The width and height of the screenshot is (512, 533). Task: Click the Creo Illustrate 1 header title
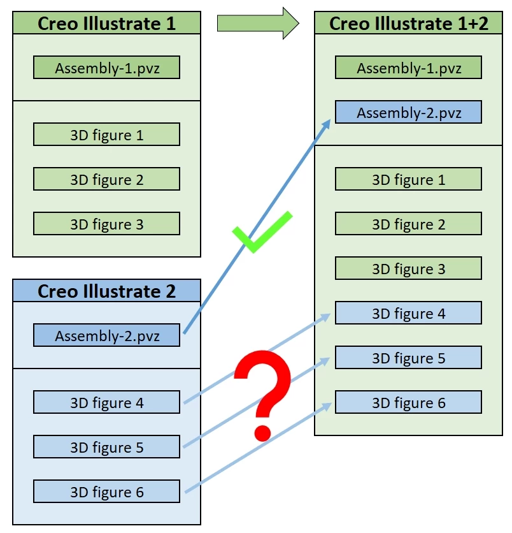coord(106,24)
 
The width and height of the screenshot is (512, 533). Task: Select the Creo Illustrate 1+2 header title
coord(408,24)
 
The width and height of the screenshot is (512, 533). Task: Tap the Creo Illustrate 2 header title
coord(106,291)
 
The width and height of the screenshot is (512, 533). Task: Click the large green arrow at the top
coord(257,24)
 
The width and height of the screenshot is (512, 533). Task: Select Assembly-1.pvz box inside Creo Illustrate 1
coord(106,68)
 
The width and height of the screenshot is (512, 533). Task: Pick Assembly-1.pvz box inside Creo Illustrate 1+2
coord(408,68)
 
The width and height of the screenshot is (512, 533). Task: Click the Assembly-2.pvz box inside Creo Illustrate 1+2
coord(408,112)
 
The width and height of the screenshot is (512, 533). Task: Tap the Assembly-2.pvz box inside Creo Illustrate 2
coord(106,335)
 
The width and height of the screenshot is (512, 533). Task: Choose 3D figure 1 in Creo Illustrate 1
coord(106,135)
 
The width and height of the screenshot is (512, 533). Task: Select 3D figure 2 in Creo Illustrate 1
coord(106,179)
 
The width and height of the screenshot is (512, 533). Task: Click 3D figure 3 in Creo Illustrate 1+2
coord(408,268)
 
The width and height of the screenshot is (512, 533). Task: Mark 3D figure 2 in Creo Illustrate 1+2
coord(408,224)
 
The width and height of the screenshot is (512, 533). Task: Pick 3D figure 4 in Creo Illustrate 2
coord(106,402)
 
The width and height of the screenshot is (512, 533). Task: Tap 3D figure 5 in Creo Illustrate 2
coord(106,447)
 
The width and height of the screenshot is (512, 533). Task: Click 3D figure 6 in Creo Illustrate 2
coord(106,492)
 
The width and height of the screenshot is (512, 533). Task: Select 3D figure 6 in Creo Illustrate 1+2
coord(408,402)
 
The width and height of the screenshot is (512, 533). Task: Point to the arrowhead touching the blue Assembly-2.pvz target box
coord(326,125)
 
